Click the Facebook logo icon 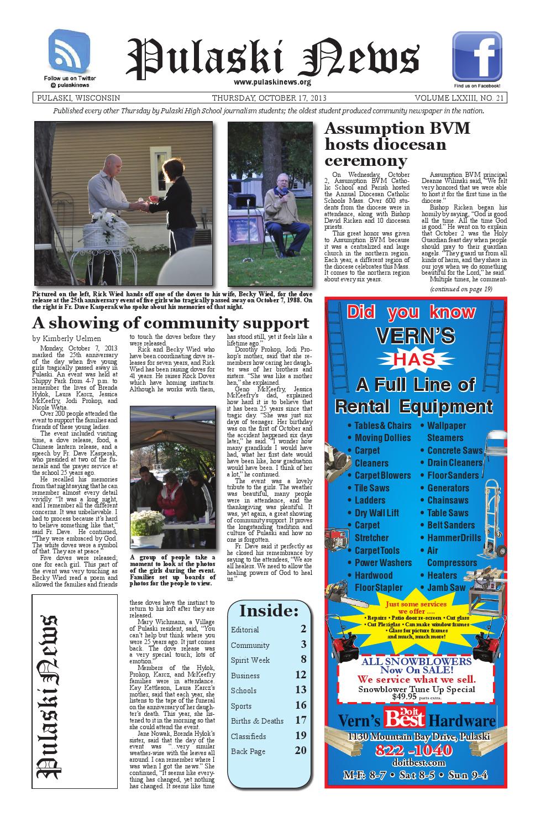click(x=477, y=56)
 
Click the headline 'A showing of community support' click(x=170, y=323)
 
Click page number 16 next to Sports click(x=301, y=705)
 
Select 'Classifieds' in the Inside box click(x=248, y=736)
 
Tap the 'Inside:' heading click(x=269, y=611)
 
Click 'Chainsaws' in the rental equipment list click(x=448, y=500)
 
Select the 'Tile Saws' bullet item click(x=371, y=488)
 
